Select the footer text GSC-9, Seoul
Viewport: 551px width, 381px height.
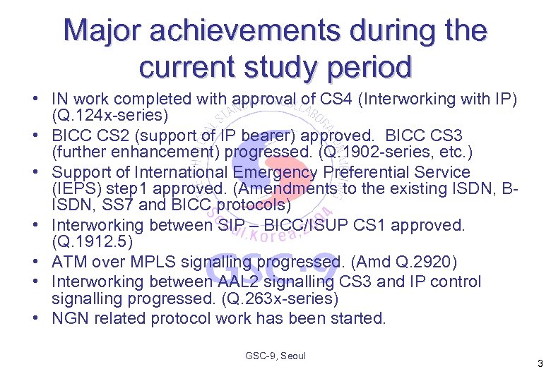275,356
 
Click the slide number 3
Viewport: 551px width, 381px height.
540,365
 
